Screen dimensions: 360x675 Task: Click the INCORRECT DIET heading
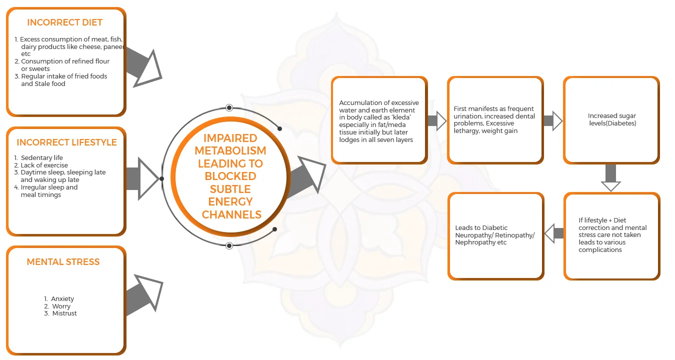click(64, 22)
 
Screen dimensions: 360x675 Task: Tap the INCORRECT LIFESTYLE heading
click(66, 142)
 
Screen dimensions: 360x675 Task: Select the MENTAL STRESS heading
click(63, 261)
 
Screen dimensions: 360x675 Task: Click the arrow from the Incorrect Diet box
click(142, 66)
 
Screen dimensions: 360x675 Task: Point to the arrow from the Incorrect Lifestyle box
click(142, 178)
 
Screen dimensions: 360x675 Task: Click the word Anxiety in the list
click(62, 298)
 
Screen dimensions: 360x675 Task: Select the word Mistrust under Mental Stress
click(64, 313)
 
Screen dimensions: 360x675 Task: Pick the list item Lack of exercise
click(44, 165)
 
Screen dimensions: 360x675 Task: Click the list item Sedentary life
click(42, 157)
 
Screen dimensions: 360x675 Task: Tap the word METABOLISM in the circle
click(230, 150)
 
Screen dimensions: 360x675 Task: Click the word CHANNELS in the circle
click(231, 214)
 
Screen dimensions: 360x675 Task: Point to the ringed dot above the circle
click(229, 107)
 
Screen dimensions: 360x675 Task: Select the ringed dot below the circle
click(229, 245)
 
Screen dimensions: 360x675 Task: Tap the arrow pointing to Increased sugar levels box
click(553, 120)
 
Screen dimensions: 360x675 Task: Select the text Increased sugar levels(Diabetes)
click(611, 119)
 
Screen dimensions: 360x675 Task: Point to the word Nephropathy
click(473, 242)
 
